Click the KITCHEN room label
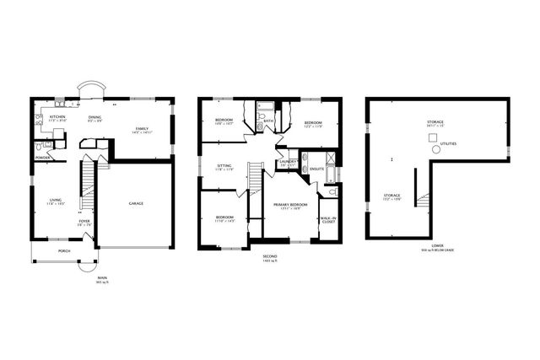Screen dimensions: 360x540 coord(57,116)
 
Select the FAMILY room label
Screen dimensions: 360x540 coord(142,129)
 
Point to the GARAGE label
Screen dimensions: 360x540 coord(136,203)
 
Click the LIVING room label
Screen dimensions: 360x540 coord(55,201)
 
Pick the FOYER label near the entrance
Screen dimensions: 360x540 coord(84,221)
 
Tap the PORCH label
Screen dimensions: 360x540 coord(64,251)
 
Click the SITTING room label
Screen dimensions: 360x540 coord(225,167)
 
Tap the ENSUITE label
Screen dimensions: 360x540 coord(317,169)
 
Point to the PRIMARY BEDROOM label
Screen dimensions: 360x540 coord(290,205)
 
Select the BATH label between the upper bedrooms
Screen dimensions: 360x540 coord(267,121)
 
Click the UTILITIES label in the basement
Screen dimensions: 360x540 coord(449,144)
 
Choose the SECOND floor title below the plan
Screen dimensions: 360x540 coord(270,255)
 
